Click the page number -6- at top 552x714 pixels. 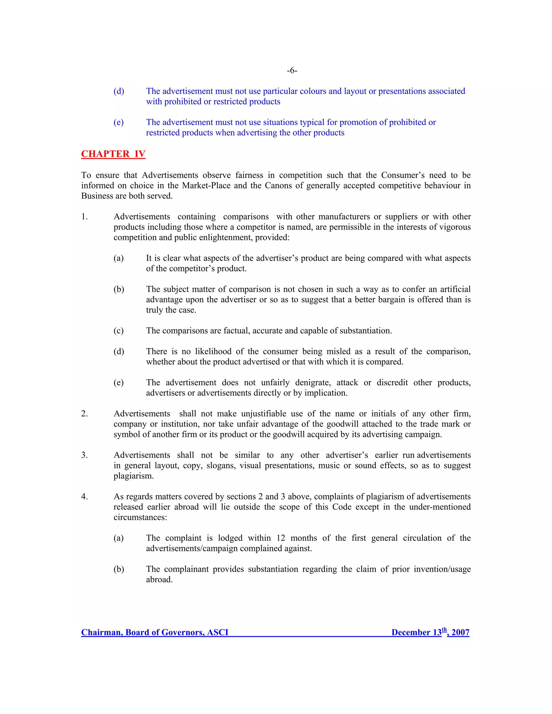click(x=292, y=71)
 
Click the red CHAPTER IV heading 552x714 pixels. click(x=113, y=154)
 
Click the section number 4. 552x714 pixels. click(x=84, y=497)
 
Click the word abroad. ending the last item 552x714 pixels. click(x=159, y=580)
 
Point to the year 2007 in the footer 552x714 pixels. click(x=460, y=632)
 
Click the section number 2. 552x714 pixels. click(x=84, y=414)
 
